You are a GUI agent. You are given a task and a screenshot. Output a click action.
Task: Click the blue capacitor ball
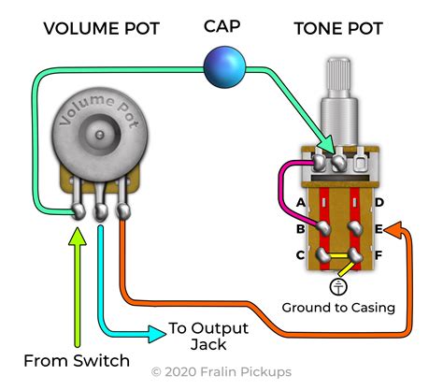coord(224,67)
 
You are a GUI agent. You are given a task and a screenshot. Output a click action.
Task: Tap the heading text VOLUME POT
coord(102,29)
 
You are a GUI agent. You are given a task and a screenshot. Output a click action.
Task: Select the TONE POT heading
coord(338,29)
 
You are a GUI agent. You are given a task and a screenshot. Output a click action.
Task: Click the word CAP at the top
coord(222,26)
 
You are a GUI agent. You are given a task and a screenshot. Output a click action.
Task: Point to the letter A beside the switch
coord(301,203)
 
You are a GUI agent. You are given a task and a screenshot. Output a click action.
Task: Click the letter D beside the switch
coord(379,203)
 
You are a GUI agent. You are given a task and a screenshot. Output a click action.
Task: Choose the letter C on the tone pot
coord(300,255)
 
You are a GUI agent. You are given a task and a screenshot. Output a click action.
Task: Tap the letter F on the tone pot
coord(379,255)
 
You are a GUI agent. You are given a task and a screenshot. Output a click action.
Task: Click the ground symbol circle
coord(338,286)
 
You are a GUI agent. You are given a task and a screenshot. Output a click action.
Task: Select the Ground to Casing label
coord(338,308)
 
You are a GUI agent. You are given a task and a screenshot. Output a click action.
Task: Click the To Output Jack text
coord(208,336)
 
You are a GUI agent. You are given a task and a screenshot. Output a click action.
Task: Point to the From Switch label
coord(77,361)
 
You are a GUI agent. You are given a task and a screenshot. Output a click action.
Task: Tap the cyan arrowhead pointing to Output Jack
coord(157,334)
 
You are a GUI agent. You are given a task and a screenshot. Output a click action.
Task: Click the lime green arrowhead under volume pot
coord(78,237)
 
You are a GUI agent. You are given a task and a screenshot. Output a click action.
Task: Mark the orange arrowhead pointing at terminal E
coord(393,230)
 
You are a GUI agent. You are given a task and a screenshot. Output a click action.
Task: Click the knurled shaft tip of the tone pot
coord(338,74)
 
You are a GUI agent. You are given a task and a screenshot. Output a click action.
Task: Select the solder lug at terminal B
coord(324,228)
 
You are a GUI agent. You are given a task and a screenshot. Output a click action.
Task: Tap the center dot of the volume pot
coord(100,135)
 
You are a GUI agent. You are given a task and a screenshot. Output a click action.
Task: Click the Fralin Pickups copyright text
coord(221,372)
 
